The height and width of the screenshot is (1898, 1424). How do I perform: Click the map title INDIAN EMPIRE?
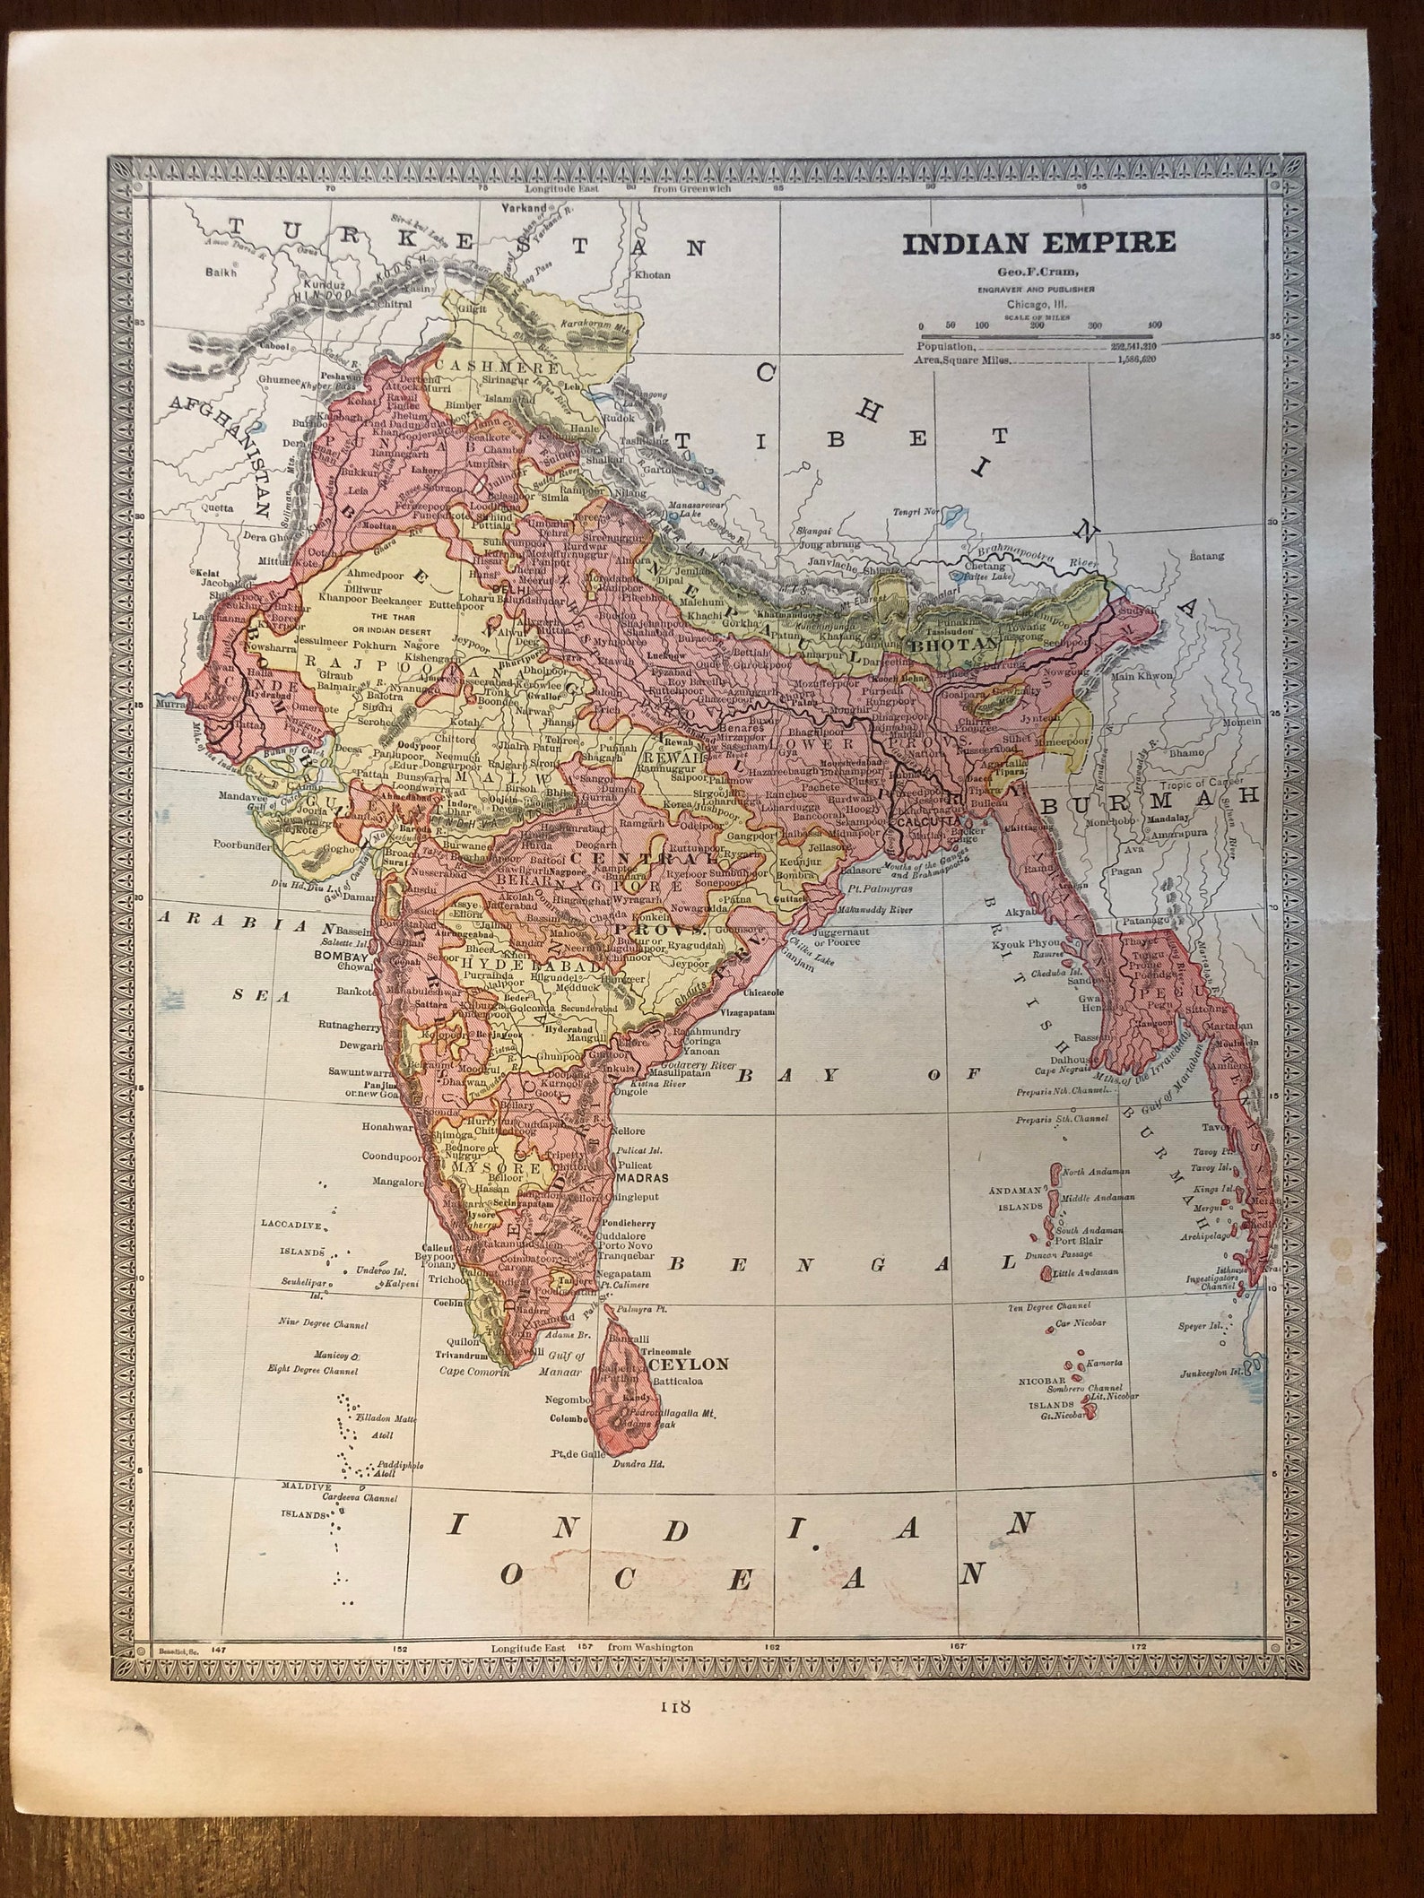[x=1038, y=243]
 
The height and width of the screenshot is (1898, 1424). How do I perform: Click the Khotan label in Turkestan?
[x=652, y=275]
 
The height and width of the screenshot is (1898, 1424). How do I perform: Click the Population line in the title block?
[x=946, y=344]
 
